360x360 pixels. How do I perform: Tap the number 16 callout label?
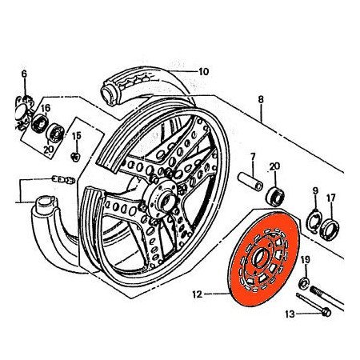pos(46,107)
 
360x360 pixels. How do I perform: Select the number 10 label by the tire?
pos(203,71)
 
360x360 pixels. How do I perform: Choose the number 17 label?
pos(331,197)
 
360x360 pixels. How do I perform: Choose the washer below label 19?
pos(304,282)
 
